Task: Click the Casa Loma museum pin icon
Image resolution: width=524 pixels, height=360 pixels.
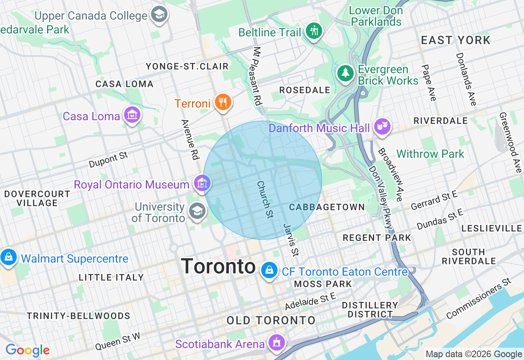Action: tap(132, 115)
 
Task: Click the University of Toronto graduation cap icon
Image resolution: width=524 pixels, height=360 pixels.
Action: tap(197, 211)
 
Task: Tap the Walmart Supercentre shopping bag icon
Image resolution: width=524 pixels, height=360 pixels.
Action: tap(8, 257)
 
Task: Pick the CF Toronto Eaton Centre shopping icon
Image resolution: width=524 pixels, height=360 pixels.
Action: tap(269, 270)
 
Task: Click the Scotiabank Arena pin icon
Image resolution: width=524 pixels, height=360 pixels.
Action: tap(277, 342)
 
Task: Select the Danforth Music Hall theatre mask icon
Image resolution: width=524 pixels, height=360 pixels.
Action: tap(382, 126)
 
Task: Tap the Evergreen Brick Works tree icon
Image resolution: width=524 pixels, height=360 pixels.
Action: tap(346, 73)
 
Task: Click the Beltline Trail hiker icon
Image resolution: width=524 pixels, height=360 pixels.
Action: tap(314, 31)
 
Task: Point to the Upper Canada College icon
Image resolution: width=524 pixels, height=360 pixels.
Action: tap(159, 14)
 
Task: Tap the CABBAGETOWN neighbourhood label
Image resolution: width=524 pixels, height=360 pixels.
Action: tap(327, 207)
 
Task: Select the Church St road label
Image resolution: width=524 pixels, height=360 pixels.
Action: tap(265, 199)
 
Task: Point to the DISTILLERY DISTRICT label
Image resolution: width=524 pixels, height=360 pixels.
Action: tap(370, 310)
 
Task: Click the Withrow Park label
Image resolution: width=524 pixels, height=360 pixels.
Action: tap(430, 154)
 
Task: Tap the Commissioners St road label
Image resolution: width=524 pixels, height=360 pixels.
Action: tap(479, 298)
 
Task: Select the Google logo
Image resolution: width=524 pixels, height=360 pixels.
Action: tap(27, 350)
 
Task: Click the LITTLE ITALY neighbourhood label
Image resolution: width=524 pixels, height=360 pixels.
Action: tap(111, 277)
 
